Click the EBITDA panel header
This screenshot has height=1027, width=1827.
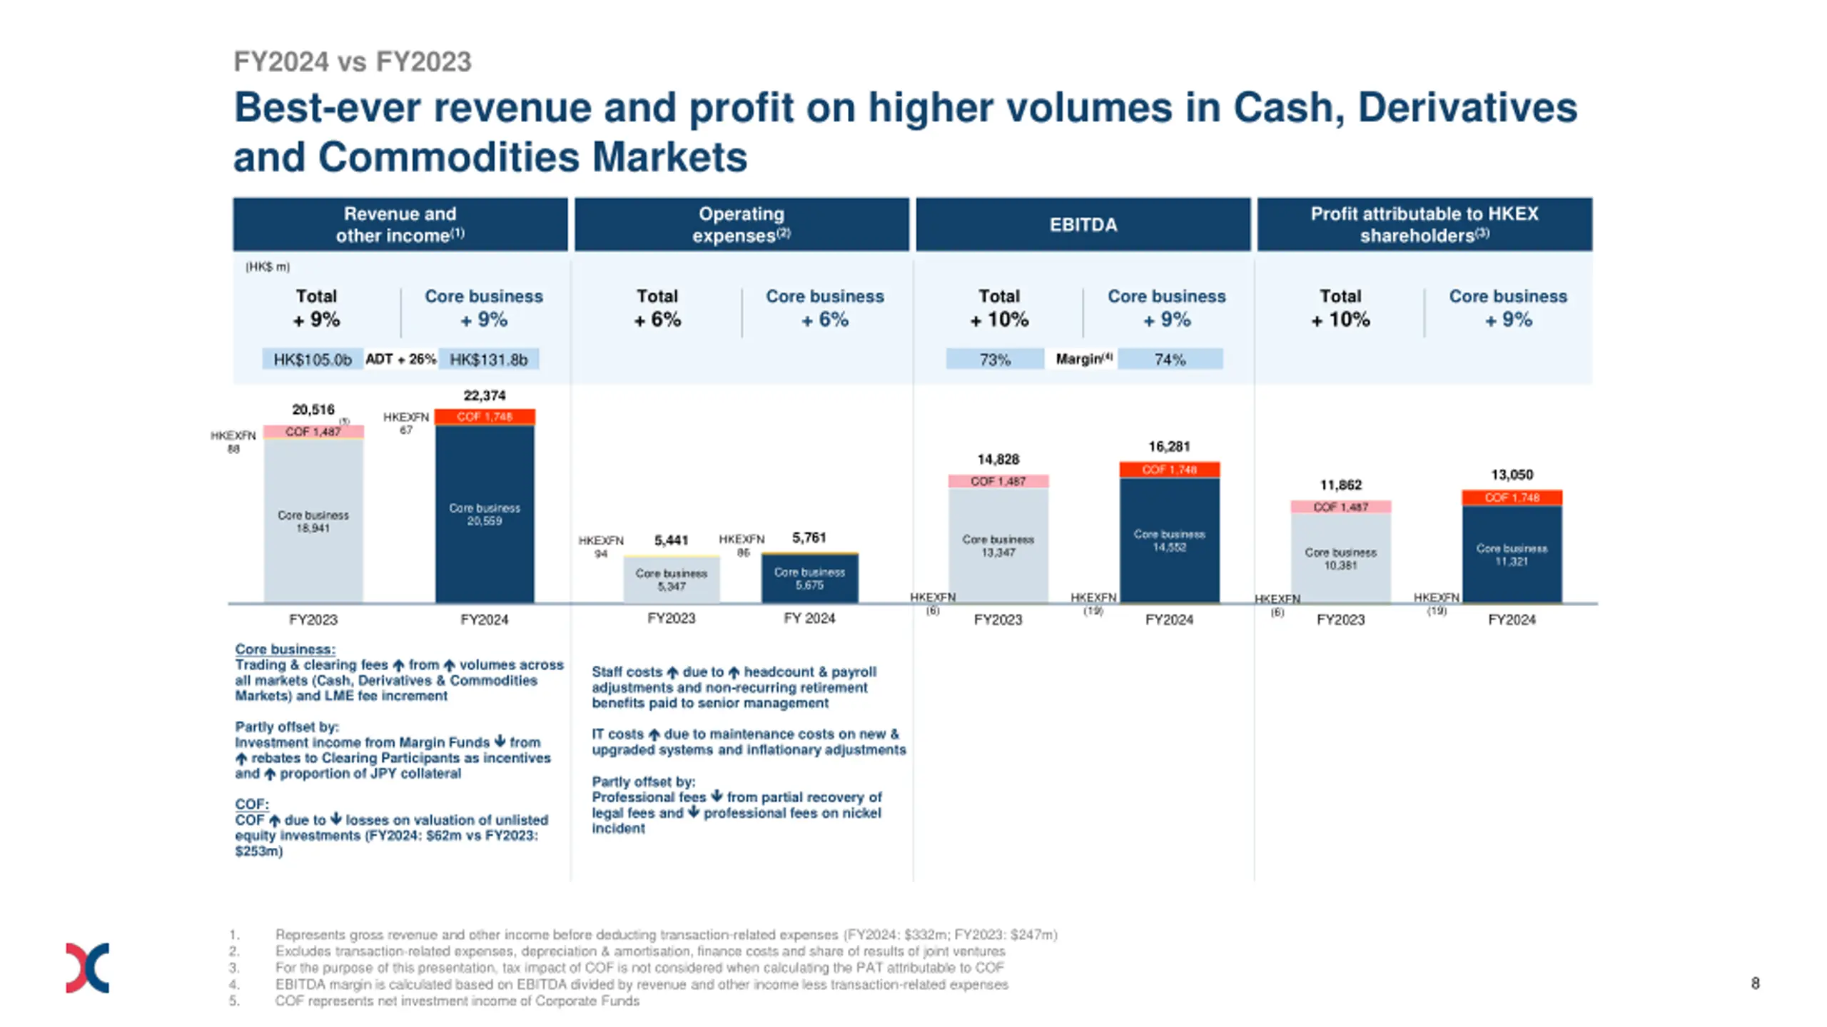(1082, 224)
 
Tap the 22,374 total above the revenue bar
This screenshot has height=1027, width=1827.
(485, 395)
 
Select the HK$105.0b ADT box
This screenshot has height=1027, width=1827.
(313, 359)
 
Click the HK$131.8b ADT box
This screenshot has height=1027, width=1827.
(489, 359)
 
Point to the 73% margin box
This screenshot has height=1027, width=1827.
(994, 359)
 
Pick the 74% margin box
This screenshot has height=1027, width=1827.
(1170, 359)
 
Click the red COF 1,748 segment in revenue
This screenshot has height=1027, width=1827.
(485, 417)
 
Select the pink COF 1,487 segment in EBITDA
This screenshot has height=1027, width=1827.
(998, 482)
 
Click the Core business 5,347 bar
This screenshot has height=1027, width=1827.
(671, 580)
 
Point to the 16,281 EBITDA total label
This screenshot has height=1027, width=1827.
(1169, 447)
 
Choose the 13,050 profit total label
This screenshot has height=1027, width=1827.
(1512, 475)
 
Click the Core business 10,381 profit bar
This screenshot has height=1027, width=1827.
(1340, 558)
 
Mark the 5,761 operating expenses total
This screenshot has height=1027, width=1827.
(809, 537)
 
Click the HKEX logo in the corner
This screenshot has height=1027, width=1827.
(87, 967)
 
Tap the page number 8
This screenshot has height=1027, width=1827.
(1755, 983)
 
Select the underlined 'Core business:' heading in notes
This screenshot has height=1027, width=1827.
(285, 649)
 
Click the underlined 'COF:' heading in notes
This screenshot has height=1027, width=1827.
(252, 804)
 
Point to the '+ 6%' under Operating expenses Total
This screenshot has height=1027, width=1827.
(657, 320)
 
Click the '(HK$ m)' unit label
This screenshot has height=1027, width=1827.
(268, 267)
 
